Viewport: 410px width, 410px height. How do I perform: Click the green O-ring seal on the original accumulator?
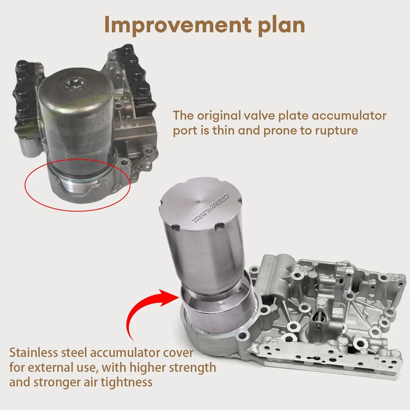click(81, 175)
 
